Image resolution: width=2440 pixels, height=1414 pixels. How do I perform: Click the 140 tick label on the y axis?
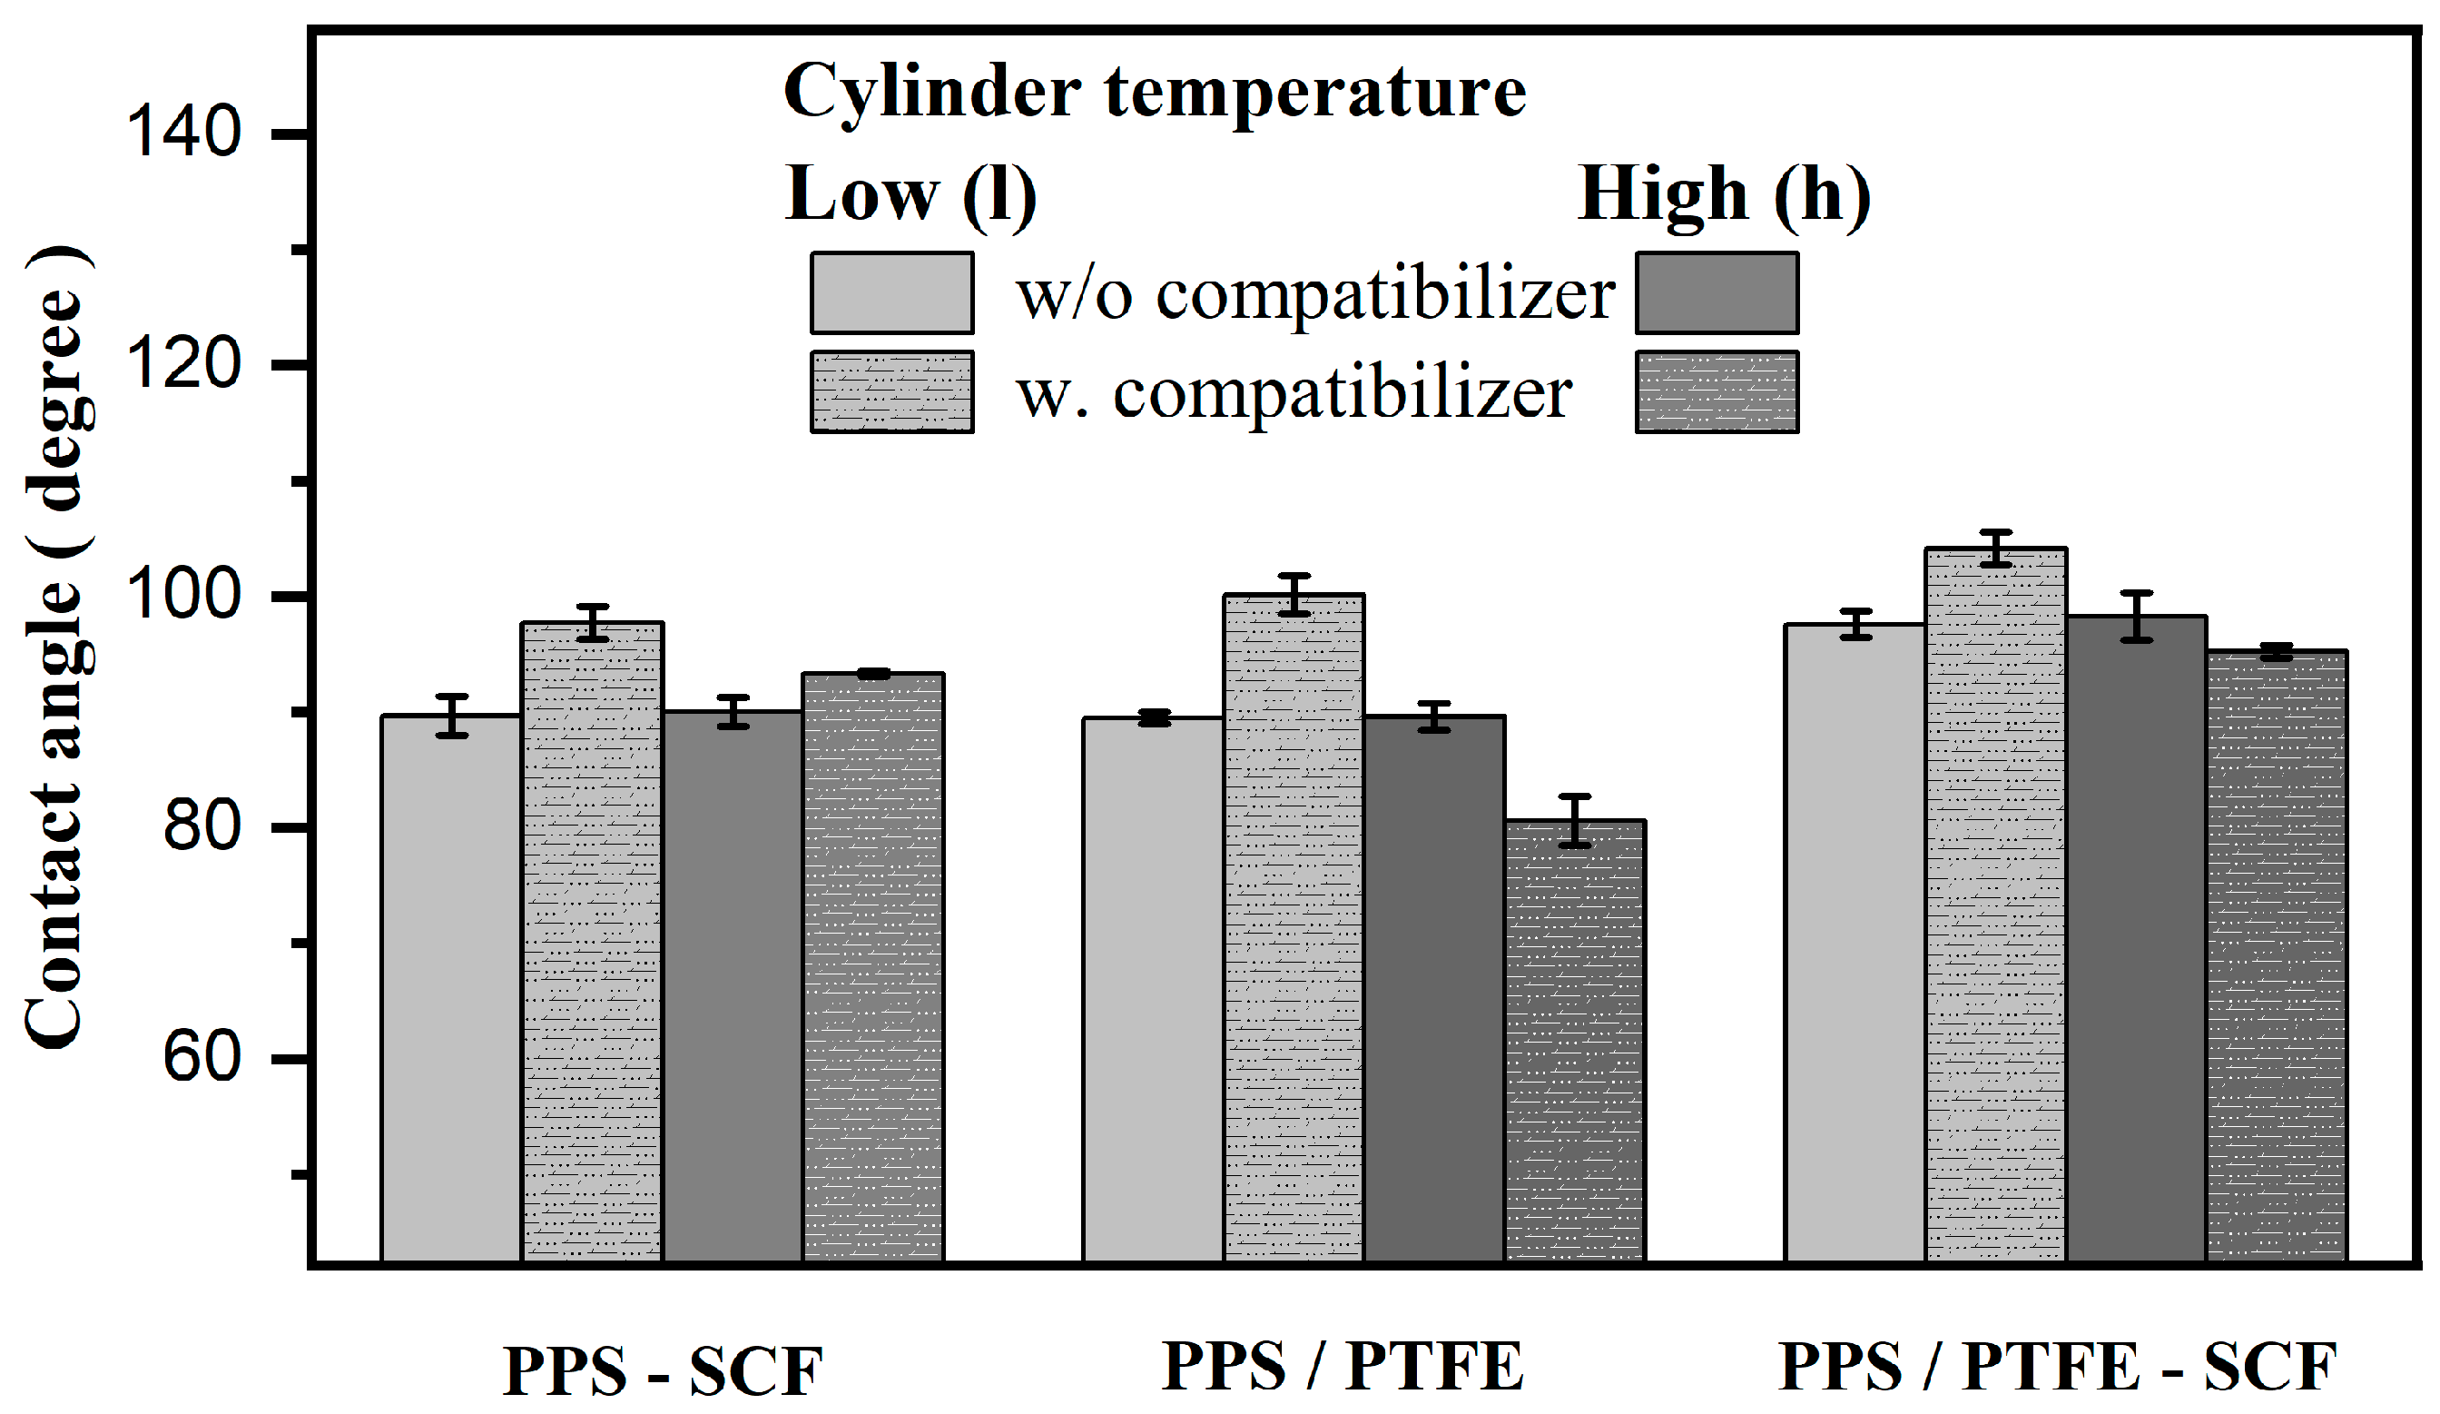click(183, 133)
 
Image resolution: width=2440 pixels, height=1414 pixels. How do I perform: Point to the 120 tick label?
click(183, 365)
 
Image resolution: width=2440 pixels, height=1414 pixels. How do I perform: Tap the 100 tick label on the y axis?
click(183, 596)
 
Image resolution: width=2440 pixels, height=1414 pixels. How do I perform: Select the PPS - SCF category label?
click(663, 1371)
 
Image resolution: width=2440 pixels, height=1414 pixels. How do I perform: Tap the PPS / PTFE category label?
click(1342, 1367)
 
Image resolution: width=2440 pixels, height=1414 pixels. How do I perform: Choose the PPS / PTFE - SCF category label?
click(2058, 1367)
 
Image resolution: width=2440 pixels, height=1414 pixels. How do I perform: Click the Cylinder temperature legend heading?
click(1154, 92)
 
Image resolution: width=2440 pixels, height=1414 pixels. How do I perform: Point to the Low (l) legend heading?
click(910, 195)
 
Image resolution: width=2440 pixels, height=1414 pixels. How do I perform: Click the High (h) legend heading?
click(1724, 195)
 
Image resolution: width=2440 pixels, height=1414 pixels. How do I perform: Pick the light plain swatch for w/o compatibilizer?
click(891, 293)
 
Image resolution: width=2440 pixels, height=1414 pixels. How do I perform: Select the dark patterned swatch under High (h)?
click(1717, 391)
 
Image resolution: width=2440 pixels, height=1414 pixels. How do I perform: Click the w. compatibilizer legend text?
click(1294, 395)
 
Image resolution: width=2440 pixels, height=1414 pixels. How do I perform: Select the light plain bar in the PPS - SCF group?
click(451, 988)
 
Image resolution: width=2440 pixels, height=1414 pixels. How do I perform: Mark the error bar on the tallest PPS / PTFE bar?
click(1294, 595)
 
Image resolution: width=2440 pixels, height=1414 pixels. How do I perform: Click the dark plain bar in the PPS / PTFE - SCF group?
click(2136, 939)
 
